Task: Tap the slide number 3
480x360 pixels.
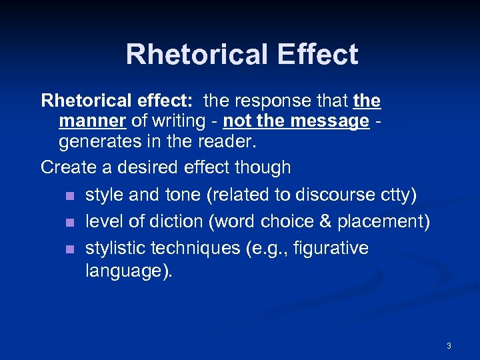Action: point(449,345)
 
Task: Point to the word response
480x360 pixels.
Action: point(272,101)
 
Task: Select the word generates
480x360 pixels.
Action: point(101,142)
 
